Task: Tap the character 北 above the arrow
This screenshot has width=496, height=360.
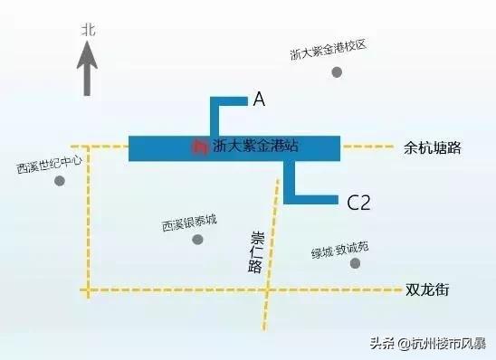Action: pyautogui.click(x=88, y=30)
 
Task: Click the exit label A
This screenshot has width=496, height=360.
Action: pyautogui.click(x=259, y=101)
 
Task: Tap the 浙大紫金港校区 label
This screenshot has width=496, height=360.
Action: pyautogui.click(x=327, y=51)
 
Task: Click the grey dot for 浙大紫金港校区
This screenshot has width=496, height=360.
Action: pyautogui.click(x=338, y=71)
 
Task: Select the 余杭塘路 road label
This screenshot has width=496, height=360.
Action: pyautogui.click(x=432, y=147)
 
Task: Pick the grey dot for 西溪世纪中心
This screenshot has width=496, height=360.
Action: pyautogui.click(x=60, y=181)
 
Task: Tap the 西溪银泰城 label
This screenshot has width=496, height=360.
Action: pyautogui.click(x=189, y=222)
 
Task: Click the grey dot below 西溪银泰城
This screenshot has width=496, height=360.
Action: pyautogui.click(x=197, y=240)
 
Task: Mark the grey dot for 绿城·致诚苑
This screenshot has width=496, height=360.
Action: pyautogui.click(x=356, y=263)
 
